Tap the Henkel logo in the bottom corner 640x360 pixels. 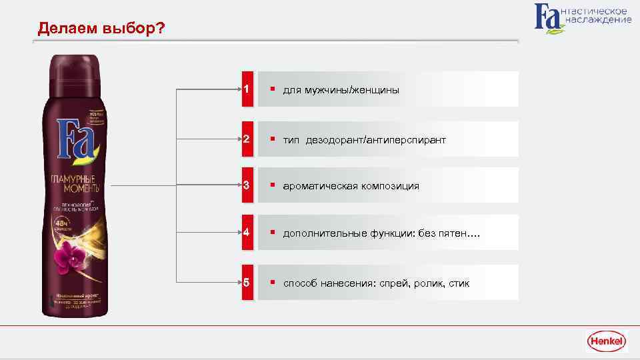tap(606, 341)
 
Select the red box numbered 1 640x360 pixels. tap(247, 89)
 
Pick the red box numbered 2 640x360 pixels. tap(247, 139)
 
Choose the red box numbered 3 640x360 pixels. tap(247, 185)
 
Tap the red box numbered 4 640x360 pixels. tap(247, 233)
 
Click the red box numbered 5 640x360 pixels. tap(247, 283)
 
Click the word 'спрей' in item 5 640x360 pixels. tap(391, 284)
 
